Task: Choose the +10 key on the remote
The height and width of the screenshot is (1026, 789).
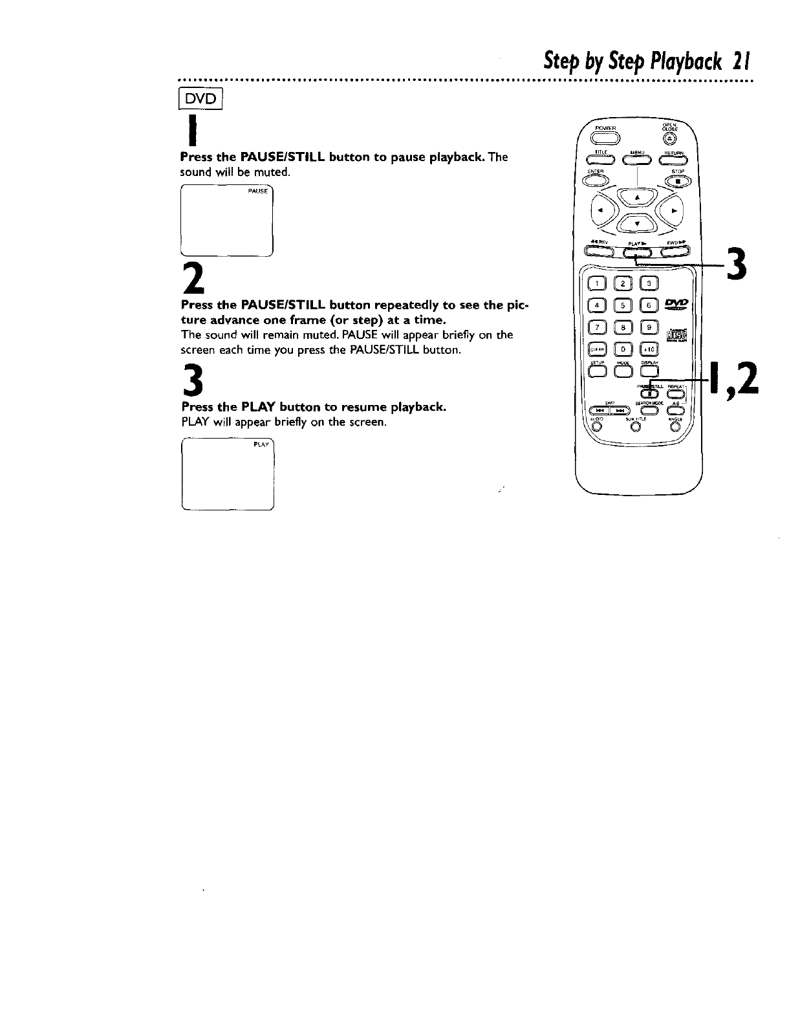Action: click(649, 349)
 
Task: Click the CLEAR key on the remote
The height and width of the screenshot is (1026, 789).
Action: click(595, 349)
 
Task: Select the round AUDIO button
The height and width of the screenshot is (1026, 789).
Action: click(595, 425)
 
